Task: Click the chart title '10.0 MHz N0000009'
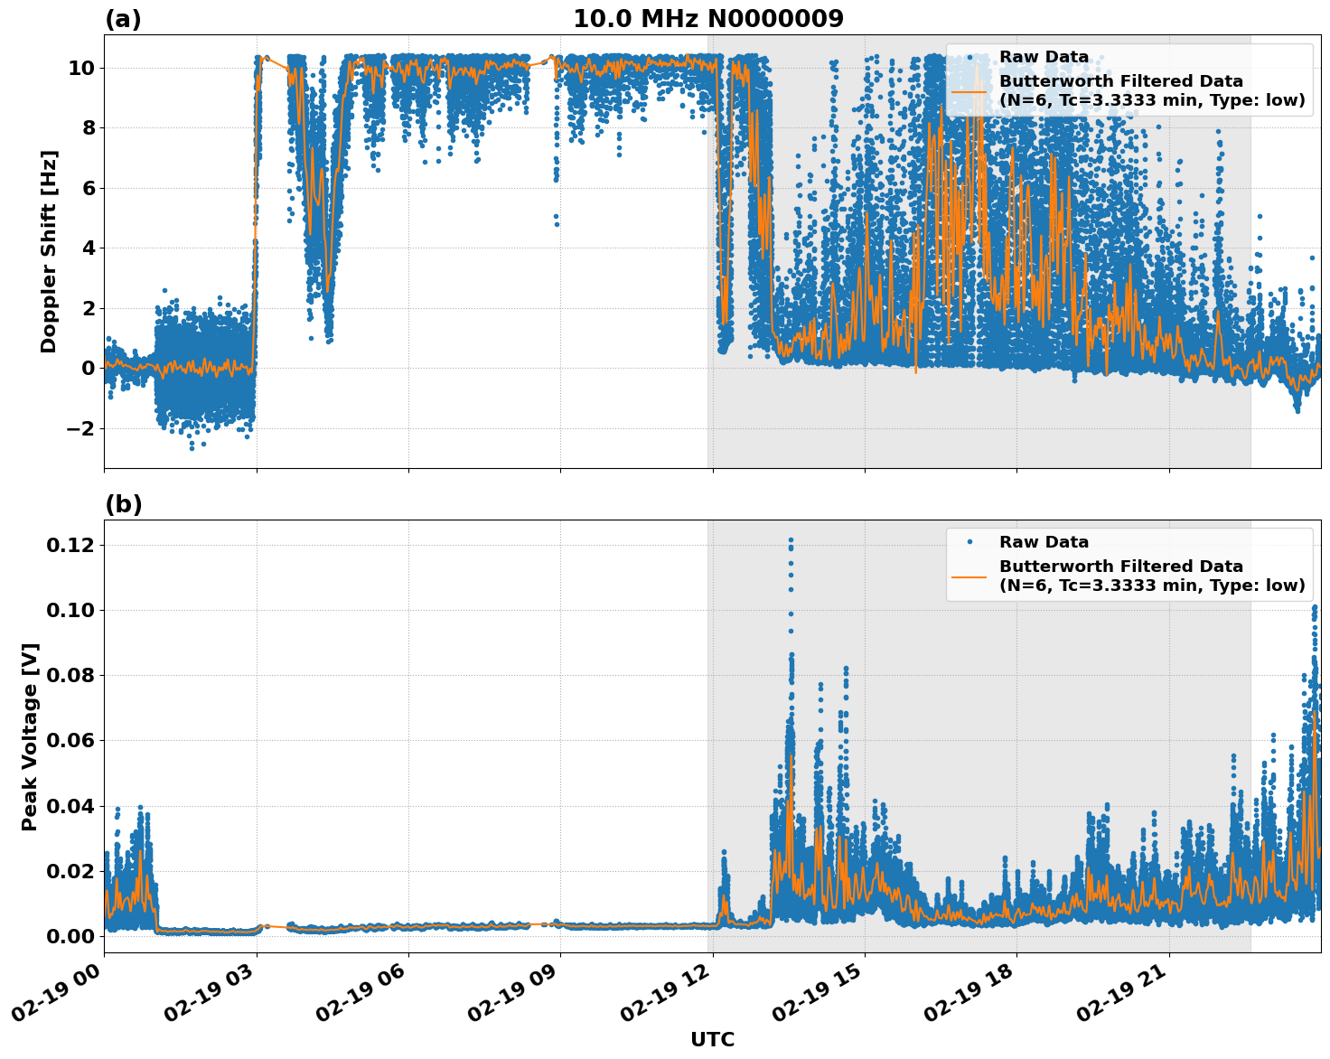(x=708, y=19)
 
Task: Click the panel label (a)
(x=123, y=19)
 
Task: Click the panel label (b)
(x=123, y=504)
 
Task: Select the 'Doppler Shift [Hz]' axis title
(x=49, y=251)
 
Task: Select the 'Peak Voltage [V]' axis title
(x=30, y=736)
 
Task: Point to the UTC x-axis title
(x=712, y=1039)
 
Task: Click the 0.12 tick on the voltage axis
(x=70, y=545)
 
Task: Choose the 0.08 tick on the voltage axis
(x=70, y=675)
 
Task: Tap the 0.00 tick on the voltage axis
(x=70, y=936)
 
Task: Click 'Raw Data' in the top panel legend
(x=1044, y=58)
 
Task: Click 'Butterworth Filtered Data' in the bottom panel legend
(x=1120, y=567)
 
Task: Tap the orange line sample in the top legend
(x=969, y=91)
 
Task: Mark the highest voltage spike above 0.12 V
(x=791, y=540)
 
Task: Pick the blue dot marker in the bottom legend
(x=969, y=542)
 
